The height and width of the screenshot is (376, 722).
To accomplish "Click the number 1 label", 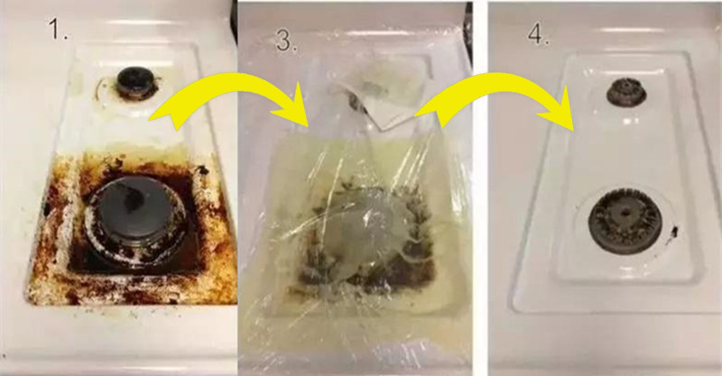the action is click(59, 29).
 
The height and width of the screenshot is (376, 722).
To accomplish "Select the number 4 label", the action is click(539, 32).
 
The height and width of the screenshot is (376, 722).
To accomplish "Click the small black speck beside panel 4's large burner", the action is click(674, 231).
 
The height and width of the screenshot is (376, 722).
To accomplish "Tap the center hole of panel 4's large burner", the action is click(625, 214).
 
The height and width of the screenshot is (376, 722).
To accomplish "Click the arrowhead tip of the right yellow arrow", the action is click(574, 130).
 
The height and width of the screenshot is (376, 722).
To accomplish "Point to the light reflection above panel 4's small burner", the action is click(626, 30).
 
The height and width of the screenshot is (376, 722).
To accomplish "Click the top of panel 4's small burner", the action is click(625, 85).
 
